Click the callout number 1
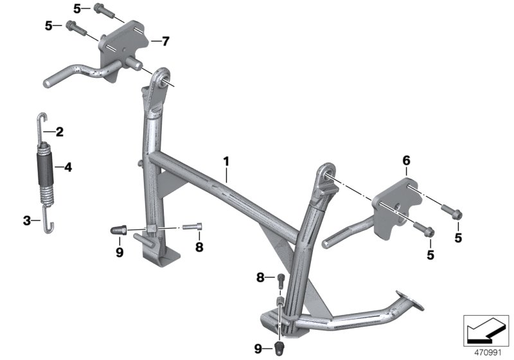coord(226,161)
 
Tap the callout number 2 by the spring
coord(59,132)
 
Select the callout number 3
coord(27,221)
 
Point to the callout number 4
coord(68,168)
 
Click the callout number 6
coord(406,161)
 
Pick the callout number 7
coord(166,41)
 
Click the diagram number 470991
coord(488,353)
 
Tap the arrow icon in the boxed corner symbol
coord(485,330)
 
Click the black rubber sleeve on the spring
coord(45,169)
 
